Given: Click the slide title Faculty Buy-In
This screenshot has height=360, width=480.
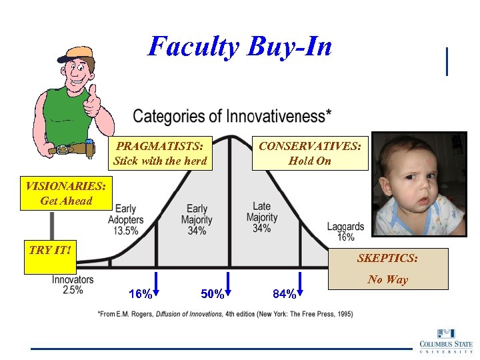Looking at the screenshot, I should (x=239, y=47).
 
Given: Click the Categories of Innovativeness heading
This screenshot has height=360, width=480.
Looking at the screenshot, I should (x=232, y=116).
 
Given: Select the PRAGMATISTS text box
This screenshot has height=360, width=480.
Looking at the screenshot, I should (x=160, y=153).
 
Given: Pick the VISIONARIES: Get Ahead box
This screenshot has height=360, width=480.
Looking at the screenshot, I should (x=65, y=193).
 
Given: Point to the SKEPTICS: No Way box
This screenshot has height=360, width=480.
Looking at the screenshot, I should (x=387, y=269).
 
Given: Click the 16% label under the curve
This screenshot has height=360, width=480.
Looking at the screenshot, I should (x=139, y=294).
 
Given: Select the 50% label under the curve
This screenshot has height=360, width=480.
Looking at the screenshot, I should (x=213, y=294).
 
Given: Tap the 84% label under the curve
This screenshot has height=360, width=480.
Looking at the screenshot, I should (x=285, y=294).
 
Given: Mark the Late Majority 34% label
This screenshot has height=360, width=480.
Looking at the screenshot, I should (x=262, y=217).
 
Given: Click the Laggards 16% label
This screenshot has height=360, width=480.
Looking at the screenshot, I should (x=345, y=231).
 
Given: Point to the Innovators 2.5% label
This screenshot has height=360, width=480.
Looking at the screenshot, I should (x=73, y=285).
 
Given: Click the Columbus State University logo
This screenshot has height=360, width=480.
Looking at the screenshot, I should (x=443, y=340).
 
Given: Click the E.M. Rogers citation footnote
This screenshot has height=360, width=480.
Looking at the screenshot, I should (x=225, y=313).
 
